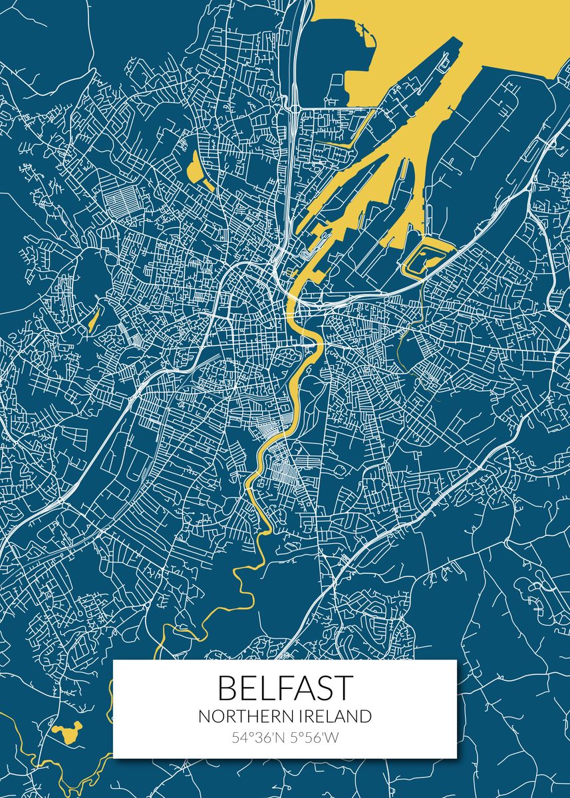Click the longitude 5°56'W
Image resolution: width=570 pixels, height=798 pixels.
314,737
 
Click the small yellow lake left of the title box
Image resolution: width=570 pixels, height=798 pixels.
67,731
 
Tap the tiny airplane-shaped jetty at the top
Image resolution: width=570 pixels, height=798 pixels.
362,29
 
